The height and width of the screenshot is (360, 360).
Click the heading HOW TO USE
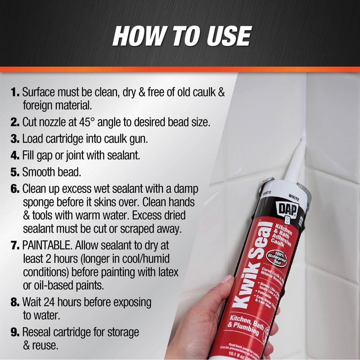(181, 36)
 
